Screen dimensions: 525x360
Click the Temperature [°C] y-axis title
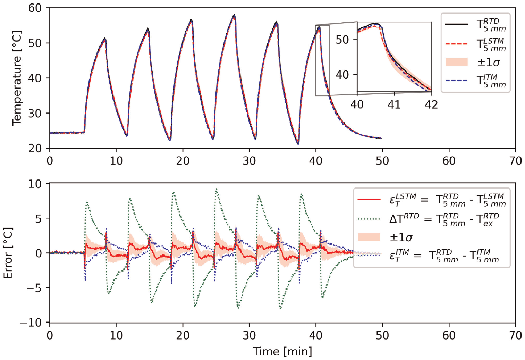pyautogui.click(x=17, y=78)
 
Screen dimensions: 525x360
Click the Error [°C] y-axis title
pyautogui.click(x=8, y=253)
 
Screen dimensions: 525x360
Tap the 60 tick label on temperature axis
pyautogui.click(x=35, y=8)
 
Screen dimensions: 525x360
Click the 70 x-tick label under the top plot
pyautogui.click(x=515, y=161)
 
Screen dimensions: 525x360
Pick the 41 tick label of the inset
pyautogui.click(x=394, y=104)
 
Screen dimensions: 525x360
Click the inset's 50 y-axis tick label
pyautogui.click(x=342, y=40)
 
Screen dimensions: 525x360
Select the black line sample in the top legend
pyautogui.click(x=456, y=24)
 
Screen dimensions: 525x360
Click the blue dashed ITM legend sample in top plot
pyautogui.click(x=456, y=81)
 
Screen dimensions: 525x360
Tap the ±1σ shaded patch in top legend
pyautogui.click(x=456, y=62)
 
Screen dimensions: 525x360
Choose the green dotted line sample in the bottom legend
pyautogui.click(x=369, y=219)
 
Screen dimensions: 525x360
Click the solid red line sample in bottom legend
pyautogui.click(x=369, y=199)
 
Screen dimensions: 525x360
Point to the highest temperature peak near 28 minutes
pyautogui.click(x=234, y=15)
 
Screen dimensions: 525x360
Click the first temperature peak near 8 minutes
pyautogui.click(x=105, y=38)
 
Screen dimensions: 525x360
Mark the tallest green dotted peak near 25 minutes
pyautogui.click(x=217, y=189)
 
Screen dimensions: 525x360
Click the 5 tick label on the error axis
pyautogui.click(x=38, y=218)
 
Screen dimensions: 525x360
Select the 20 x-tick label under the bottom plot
pyautogui.click(x=183, y=336)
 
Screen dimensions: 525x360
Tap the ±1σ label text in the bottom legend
pyautogui.click(x=401, y=237)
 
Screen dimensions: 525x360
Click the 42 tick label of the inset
pyautogui.click(x=431, y=104)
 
